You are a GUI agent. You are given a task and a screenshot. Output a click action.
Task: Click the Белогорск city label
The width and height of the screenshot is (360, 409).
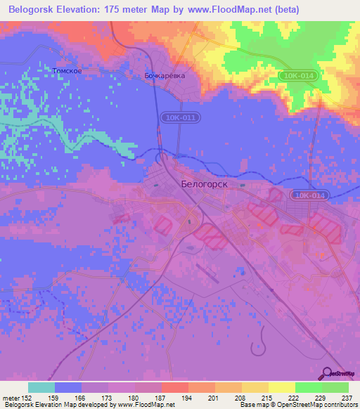[206, 183]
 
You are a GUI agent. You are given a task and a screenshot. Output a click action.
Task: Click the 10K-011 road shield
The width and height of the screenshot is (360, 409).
[174, 119]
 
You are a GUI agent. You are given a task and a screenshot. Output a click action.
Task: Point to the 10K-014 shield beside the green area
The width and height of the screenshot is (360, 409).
[301, 74]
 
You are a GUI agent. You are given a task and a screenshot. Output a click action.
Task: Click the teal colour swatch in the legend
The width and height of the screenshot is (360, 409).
[41, 387]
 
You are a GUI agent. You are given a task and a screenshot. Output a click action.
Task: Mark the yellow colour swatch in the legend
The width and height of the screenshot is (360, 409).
[281, 387]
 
